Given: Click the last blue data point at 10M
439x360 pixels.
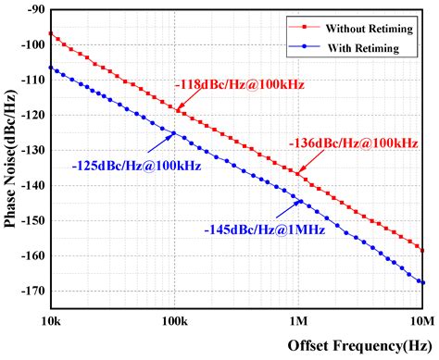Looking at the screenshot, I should pyautogui.click(x=422, y=282).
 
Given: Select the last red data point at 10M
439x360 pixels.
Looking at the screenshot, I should pyautogui.click(x=422, y=251).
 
